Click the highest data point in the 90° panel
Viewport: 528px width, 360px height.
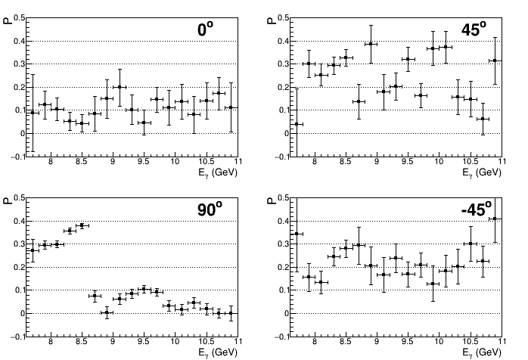[82, 225]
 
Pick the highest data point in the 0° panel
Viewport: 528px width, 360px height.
[119, 87]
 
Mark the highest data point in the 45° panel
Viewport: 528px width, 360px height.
[371, 44]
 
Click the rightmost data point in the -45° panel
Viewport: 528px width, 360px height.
[495, 219]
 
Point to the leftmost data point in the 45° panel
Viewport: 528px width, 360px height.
[297, 124]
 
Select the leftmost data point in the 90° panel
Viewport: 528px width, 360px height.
[32, 250]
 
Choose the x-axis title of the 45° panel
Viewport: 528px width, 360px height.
[484, 172]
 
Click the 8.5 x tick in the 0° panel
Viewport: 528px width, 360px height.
[82, 162]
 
